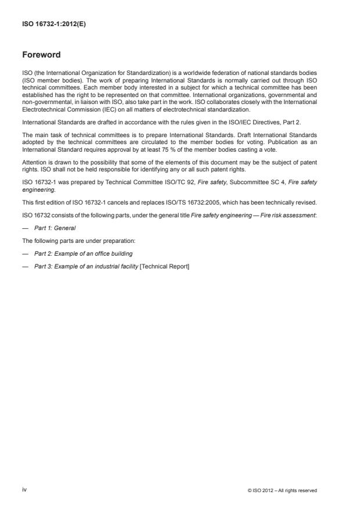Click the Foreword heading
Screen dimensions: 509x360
pos(41,55)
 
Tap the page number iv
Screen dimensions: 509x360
pos(24,490)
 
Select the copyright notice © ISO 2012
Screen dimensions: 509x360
pos(282,490)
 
